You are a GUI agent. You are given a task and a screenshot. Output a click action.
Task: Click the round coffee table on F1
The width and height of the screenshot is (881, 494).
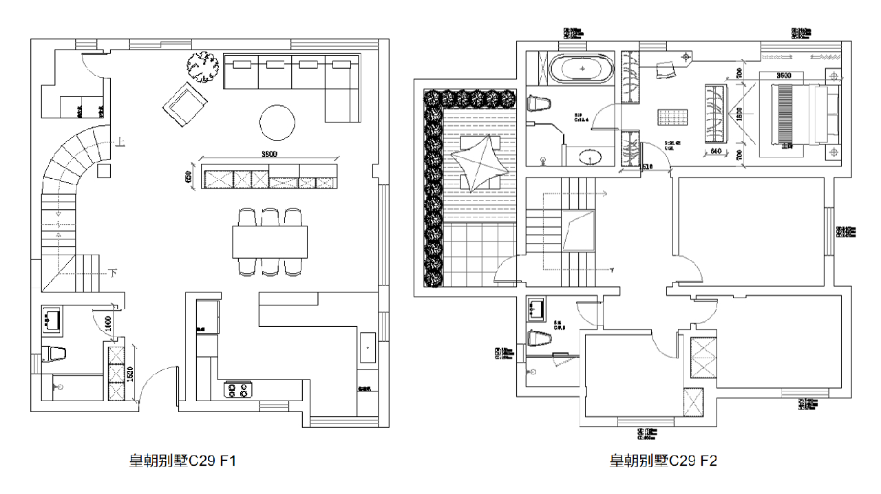(277, 122)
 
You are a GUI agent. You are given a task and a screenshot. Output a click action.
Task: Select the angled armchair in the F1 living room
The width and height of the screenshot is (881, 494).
(184, 104)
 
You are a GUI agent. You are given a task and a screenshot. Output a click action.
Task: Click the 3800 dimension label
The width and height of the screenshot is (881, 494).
(266, 155)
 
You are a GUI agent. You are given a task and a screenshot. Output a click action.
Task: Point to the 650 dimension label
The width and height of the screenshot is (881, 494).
(187, 178)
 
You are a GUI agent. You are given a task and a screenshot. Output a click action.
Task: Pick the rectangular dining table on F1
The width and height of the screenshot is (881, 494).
(270, 241)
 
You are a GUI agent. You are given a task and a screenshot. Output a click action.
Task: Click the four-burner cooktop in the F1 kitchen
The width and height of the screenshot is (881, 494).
(239, 391)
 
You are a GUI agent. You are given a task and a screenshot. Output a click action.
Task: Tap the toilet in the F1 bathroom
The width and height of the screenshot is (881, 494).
(54, 354)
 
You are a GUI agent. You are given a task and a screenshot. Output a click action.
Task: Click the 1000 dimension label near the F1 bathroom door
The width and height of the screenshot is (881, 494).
(109, 323)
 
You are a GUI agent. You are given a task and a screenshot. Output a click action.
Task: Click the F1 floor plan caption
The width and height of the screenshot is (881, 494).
(182, 461)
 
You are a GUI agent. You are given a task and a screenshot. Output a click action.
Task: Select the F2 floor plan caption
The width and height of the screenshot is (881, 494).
(663, 461)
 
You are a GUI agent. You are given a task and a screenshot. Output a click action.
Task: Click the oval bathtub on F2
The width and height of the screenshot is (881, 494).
(582, 69)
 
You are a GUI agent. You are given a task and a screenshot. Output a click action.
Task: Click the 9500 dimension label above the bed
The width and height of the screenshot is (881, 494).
(783, 75)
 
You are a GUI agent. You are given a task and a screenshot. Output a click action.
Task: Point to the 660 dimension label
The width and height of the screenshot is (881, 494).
(716, 151)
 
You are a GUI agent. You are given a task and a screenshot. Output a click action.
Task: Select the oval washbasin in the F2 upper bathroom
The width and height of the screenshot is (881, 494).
(591, 158)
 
